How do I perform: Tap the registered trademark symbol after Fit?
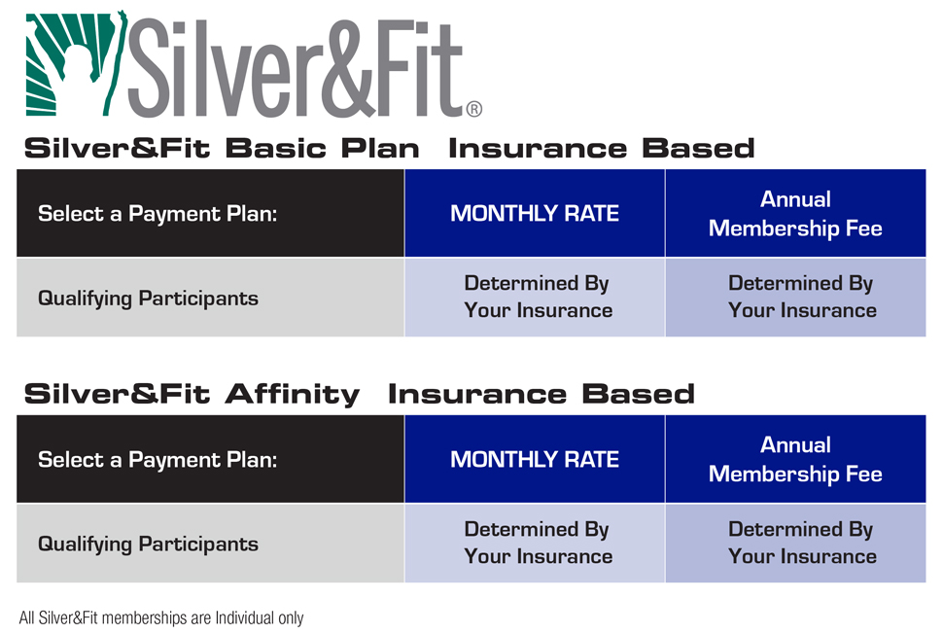coord(473,109)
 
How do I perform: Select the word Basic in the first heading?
coord(275,149)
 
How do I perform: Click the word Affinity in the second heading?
coord(293,395)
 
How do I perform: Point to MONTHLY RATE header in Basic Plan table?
coord(535,214)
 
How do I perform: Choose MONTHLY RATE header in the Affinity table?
coord(535,460)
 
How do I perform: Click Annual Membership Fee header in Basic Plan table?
coord(795,214)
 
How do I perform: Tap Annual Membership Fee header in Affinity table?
coord(795,460)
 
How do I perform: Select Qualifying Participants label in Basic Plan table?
coord(148,299)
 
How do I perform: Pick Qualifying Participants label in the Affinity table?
coord(148,545)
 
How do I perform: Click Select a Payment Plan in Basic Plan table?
coord(157,214)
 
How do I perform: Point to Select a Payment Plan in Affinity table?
coord(157,460)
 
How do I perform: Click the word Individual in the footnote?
coord(245,617)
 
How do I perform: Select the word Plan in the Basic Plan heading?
coord(380,149)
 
